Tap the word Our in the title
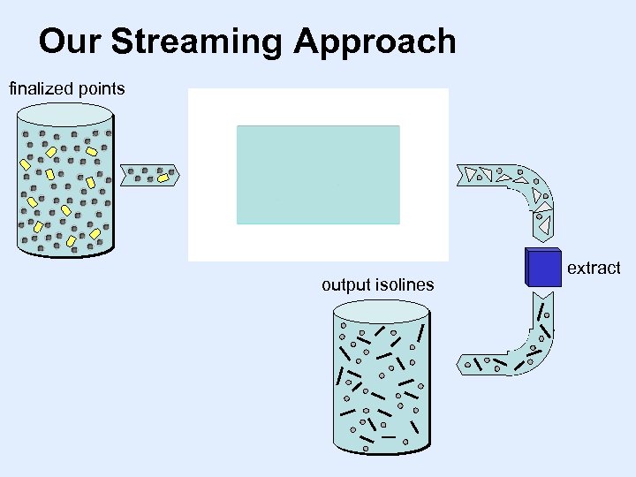click(x=70, y=42)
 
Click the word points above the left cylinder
click(x=101, y=88)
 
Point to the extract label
click(x=594, y=268)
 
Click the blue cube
click(x=543, y=267)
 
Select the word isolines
click(x=405, y=284)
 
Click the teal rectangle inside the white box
click(x=318, y=174)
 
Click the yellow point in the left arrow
click(x=163, y=178)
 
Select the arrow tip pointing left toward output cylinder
click(x=458, y=363)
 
